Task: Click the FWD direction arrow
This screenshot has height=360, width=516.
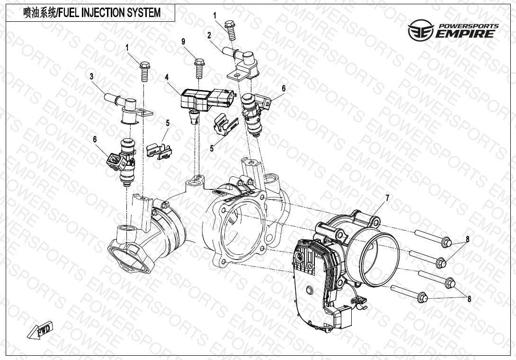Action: [x=40, y=330]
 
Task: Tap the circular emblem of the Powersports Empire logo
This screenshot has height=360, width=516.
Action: [x=421, y=30]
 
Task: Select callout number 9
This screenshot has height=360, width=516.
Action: [x=183, y=42]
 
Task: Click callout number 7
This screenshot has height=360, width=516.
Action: [x=387, y=198]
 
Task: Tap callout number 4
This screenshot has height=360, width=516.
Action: [x=167, y=77]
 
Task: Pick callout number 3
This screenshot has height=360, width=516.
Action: [x=91, y=77]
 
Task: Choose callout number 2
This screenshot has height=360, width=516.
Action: [x=209, y=36]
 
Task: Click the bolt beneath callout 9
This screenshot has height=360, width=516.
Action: [x=199, y=69]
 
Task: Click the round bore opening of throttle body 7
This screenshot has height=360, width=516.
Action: [x=380, y=259]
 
